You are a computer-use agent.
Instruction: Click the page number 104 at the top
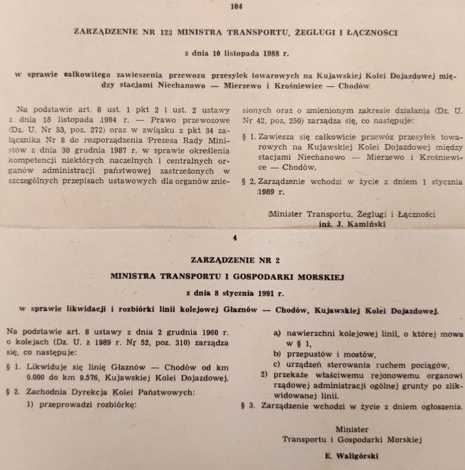[x=236, y=7]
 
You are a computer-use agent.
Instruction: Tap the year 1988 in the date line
[x=271, y=54]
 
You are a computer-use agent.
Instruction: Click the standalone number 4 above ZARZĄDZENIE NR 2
[x=235, y=238]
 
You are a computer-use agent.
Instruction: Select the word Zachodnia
[x=46, y=392]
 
